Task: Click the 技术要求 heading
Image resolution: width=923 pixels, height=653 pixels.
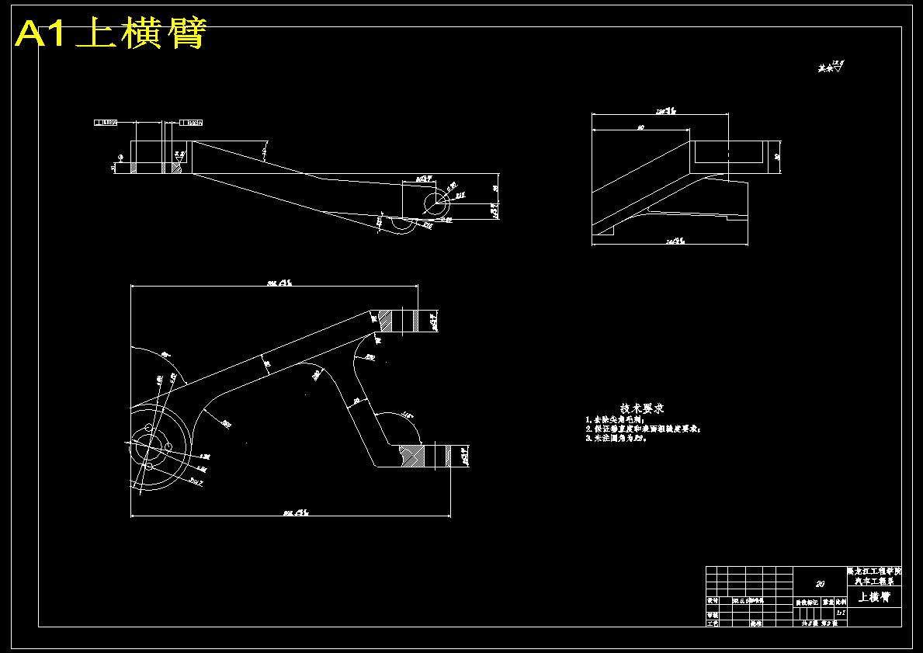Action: point(642,408)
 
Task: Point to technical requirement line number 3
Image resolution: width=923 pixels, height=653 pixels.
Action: point(616,438)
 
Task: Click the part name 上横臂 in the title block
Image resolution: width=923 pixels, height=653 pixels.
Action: point(873,597)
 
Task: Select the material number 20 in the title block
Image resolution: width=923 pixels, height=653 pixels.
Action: point(820,583)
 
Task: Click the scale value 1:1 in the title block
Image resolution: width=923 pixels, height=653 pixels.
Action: point(841,612)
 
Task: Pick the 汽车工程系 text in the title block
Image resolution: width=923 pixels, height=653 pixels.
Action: point(874,580)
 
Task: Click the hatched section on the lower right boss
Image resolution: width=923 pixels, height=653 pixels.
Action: point(411,455)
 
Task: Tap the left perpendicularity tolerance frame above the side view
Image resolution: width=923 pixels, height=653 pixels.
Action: point(106,122)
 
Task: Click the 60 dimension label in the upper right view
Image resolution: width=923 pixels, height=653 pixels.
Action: point(640,127)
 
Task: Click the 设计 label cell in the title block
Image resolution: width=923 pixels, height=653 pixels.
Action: point(712,600)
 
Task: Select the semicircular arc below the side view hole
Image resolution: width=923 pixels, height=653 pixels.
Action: point(403,226)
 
